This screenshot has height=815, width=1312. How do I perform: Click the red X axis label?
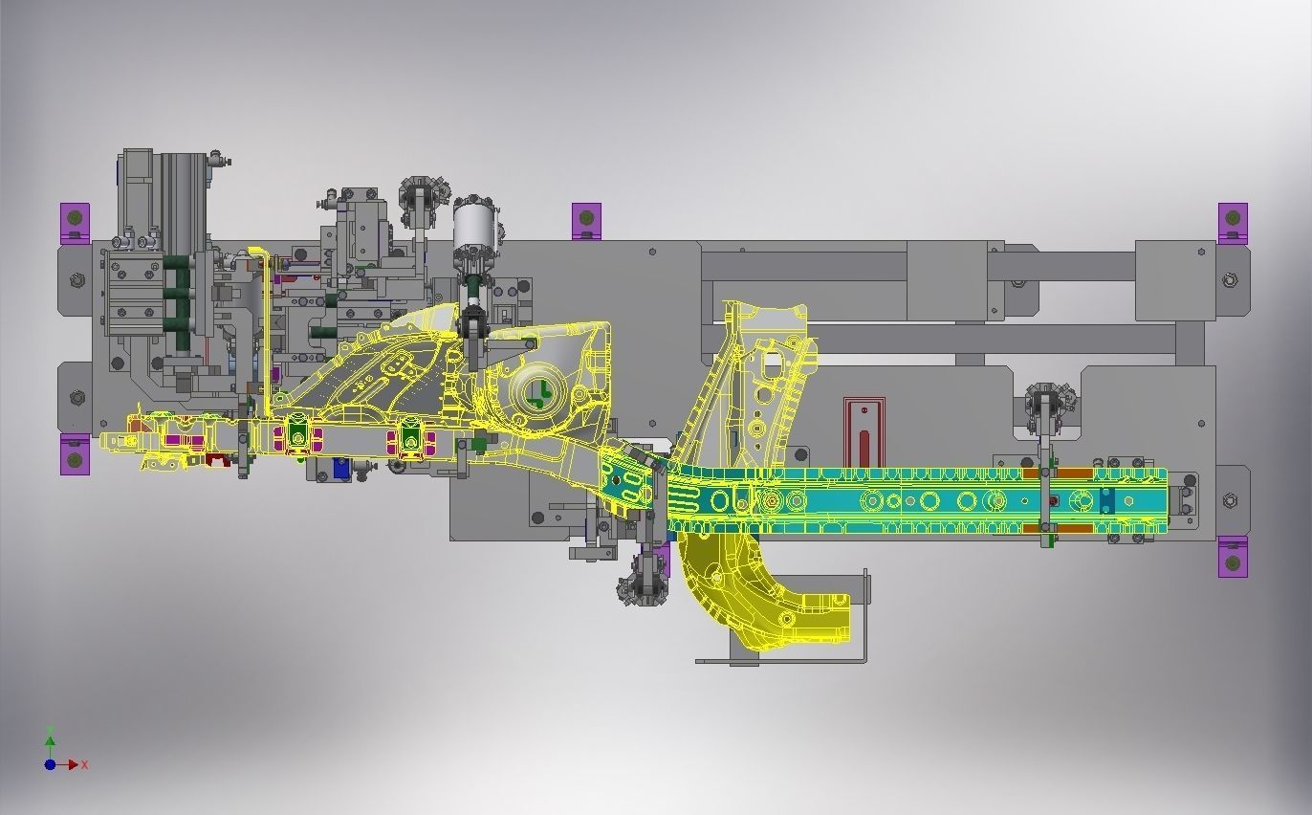(85, 764)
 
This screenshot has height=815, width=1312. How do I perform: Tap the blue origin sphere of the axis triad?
(51, 764)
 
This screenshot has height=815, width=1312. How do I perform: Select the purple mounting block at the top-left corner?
(75, 223)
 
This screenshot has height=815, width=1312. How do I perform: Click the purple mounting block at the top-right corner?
(1233, 223)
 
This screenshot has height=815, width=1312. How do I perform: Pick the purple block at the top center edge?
(586, 221)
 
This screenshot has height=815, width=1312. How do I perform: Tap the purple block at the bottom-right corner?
(1233, 557)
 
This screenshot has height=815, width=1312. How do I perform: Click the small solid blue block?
(340, 467)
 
